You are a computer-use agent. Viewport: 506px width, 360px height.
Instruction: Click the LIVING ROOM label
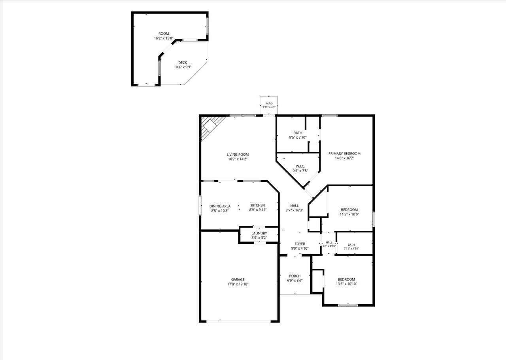[238, 155]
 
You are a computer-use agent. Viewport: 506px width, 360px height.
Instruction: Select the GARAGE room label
[238, 279]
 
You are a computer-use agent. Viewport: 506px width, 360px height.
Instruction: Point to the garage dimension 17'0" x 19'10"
[238, 284]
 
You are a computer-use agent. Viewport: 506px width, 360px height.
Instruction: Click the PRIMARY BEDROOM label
[344, 154]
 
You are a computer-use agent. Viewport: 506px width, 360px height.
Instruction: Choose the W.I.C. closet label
[300, 166]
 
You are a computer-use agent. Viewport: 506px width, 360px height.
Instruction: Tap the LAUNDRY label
[259, 233]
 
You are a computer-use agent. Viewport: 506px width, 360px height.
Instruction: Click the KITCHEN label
[258, 205]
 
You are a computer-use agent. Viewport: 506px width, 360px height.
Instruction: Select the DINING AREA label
[220, 206]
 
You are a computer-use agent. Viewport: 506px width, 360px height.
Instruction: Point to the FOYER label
[300, 244]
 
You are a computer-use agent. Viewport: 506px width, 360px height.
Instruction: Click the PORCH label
[295, 276]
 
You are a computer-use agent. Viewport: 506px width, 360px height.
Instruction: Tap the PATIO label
[269, 104]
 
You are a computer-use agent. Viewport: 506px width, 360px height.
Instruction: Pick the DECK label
[183, 62]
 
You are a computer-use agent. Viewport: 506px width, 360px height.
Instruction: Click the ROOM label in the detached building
[164, 34]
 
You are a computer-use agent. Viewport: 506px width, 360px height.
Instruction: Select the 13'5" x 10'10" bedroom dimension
[346, 284]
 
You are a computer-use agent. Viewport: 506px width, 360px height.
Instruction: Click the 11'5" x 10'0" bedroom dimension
[349, 214]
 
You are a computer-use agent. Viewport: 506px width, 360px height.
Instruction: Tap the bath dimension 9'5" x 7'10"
[298, 137]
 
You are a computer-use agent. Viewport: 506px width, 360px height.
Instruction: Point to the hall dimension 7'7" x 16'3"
[295, 210]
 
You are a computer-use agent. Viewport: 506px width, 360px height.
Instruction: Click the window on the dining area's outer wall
[200, 205]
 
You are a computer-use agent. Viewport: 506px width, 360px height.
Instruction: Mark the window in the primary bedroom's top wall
[330, 116]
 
